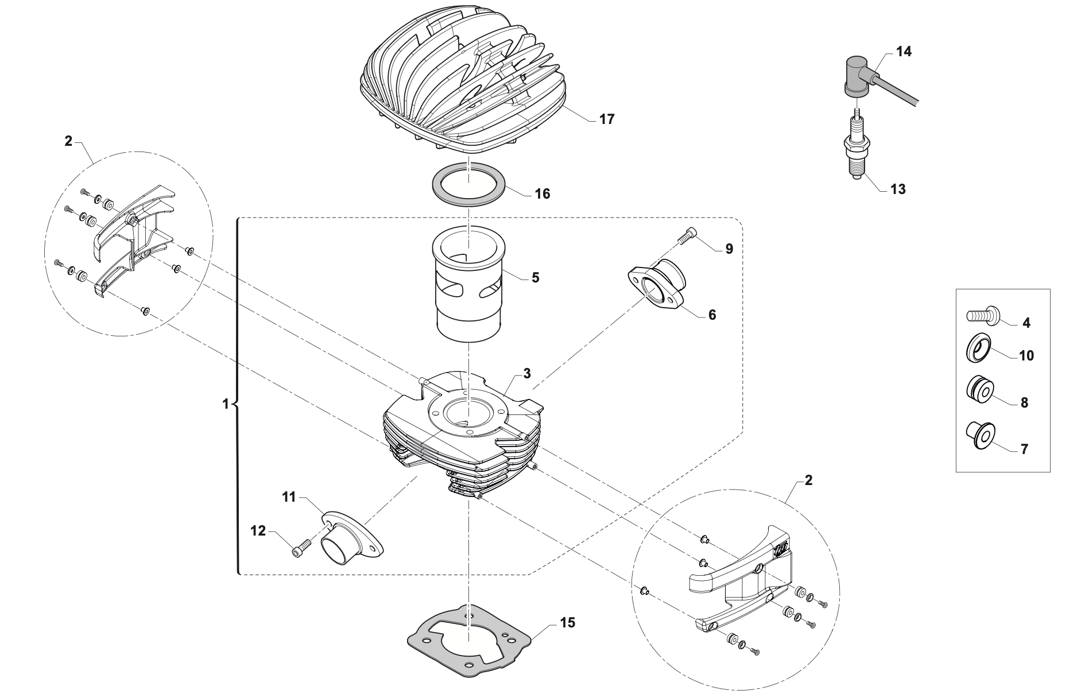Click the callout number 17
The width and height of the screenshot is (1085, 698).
coord(606,119)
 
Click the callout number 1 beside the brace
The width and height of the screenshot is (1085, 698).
coord(226,404)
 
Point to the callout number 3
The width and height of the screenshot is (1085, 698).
coord(527,373)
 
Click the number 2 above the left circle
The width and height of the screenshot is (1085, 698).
coord(69,141)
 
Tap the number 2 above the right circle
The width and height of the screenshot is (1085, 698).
coord(808,480)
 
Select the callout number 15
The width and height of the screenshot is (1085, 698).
coord(567,622)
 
